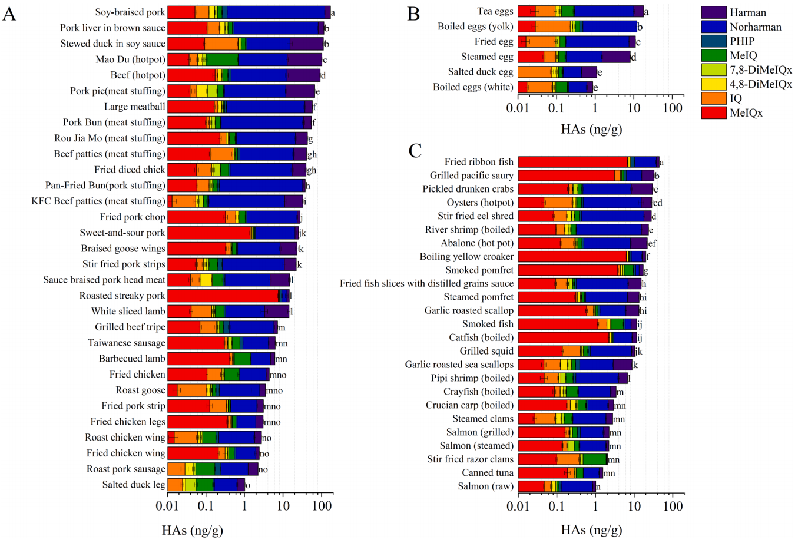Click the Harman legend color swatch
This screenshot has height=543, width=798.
point(713,12)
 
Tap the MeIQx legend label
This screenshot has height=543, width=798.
point(746,113)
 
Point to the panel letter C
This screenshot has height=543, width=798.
point(415,151)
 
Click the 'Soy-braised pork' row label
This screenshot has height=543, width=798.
point(130,12)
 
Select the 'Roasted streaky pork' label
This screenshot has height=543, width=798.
point(122,296)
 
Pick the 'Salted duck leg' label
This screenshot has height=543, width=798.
point(134,485)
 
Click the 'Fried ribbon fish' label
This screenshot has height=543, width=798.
point(479,162)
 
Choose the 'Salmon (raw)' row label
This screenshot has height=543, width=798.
point(485,486)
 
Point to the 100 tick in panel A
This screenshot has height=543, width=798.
point(322,506)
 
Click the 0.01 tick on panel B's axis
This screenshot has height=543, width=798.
point(518,109)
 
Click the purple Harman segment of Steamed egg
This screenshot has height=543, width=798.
point(616,57)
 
